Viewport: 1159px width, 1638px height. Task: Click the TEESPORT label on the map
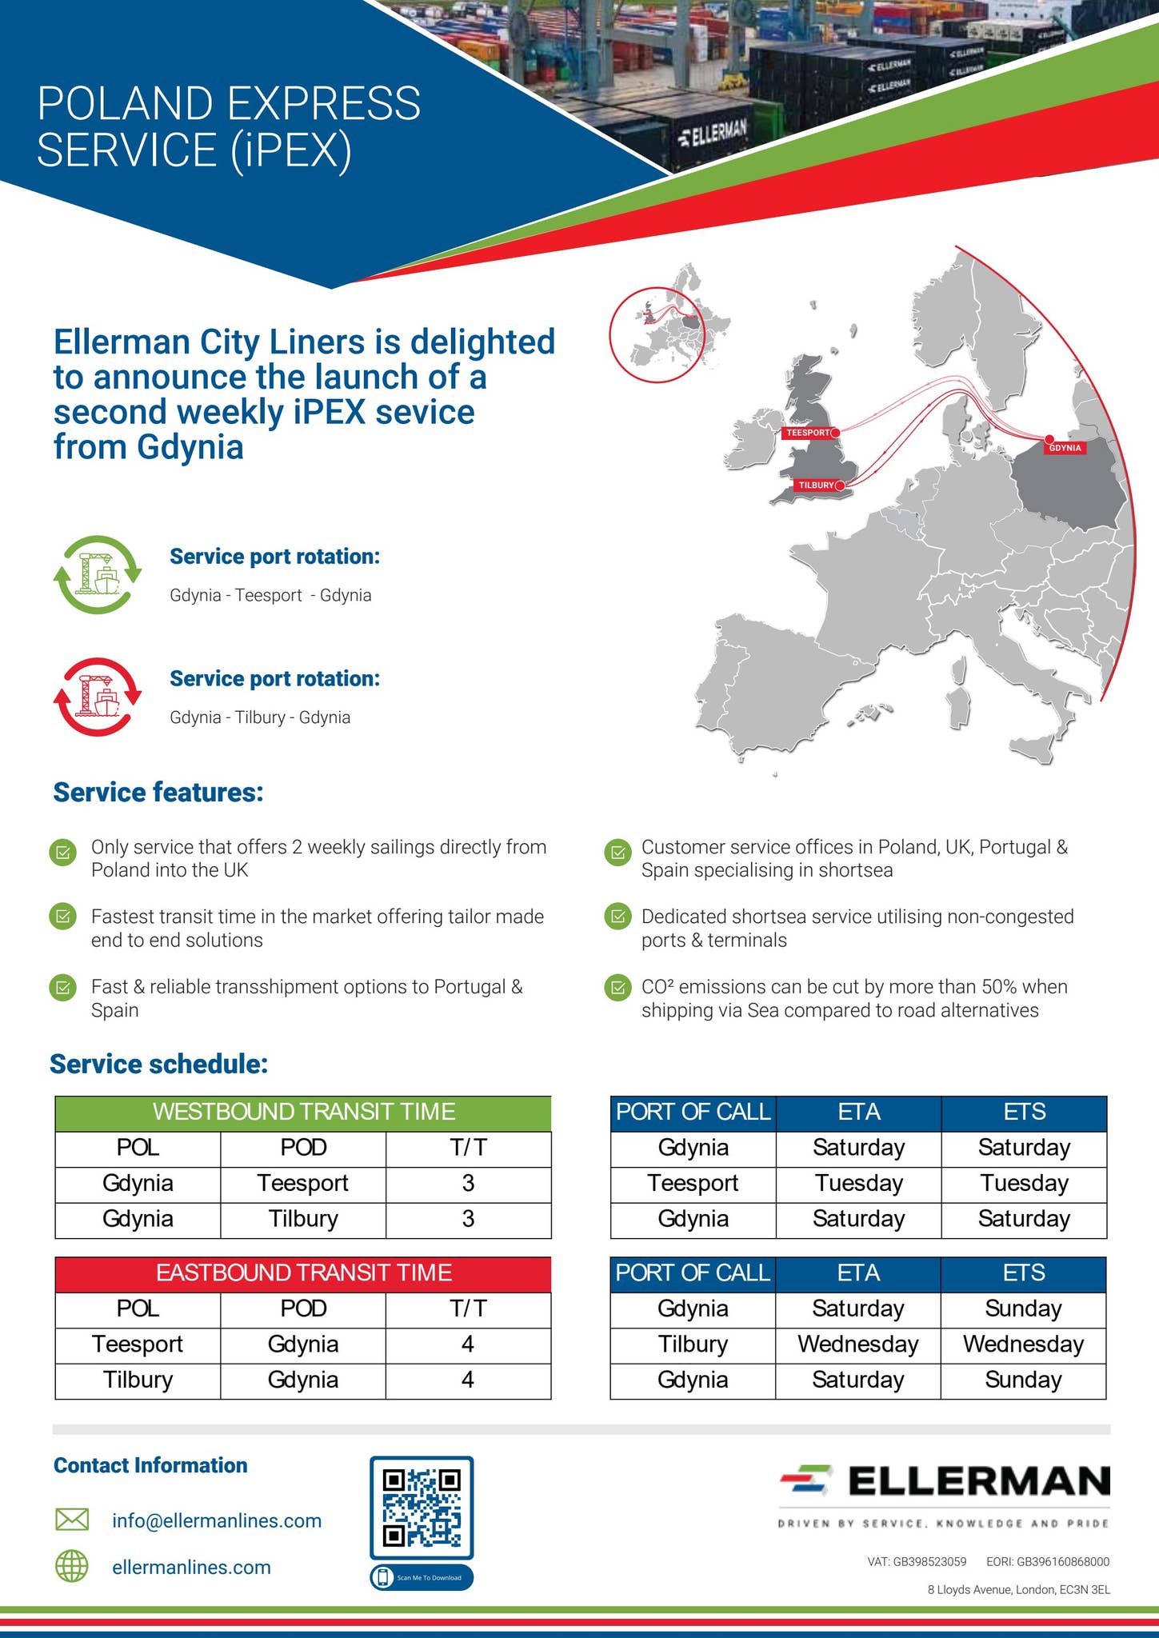[809, 433]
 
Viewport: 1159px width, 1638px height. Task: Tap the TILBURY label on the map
[816, 485]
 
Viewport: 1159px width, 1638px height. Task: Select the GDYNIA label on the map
[1065, 448]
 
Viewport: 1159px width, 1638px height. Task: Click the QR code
[422, 1508]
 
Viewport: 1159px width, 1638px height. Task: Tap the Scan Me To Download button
[422, 1578]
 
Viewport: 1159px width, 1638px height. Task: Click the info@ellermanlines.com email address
[217, 1520]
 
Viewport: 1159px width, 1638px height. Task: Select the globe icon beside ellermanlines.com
[71, 1567]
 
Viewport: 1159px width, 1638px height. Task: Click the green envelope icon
[71, 1520]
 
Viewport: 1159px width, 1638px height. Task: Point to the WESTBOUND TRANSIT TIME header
[303, 1112]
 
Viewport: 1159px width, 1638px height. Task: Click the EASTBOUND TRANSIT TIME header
[303, 1272]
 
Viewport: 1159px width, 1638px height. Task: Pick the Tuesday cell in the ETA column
[858, 1183]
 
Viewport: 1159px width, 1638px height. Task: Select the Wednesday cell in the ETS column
[1023, 1344]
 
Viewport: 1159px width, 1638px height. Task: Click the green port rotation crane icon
[98, 574]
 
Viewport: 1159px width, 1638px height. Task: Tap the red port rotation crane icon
[98, 697]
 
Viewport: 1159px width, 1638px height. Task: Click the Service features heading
[158, 793]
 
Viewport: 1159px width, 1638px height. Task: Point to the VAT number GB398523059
[917, 1561]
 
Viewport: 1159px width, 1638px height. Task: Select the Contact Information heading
[150, 1465]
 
